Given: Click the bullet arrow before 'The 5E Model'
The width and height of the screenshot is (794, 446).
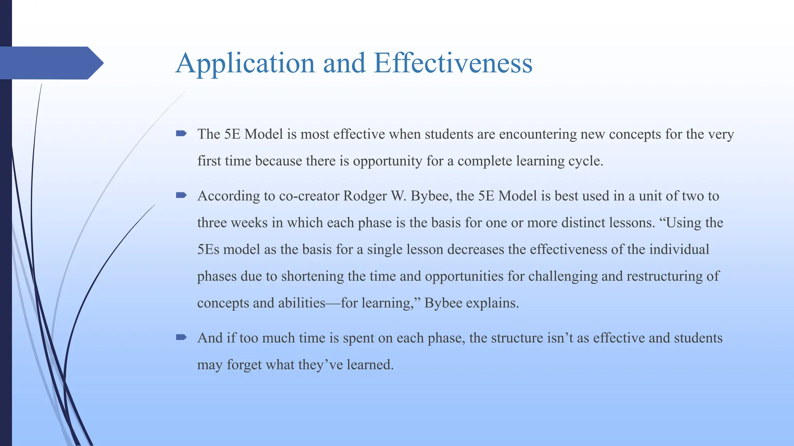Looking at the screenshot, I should coord(181,134).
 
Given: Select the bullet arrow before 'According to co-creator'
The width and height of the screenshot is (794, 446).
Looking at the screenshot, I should coord(181,196).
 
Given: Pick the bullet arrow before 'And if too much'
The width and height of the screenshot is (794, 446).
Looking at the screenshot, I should coord(181,338).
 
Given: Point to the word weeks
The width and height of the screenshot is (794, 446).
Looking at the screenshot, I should coord(250,223).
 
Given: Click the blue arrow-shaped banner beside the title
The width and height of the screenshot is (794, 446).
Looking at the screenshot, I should coord(50,63).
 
